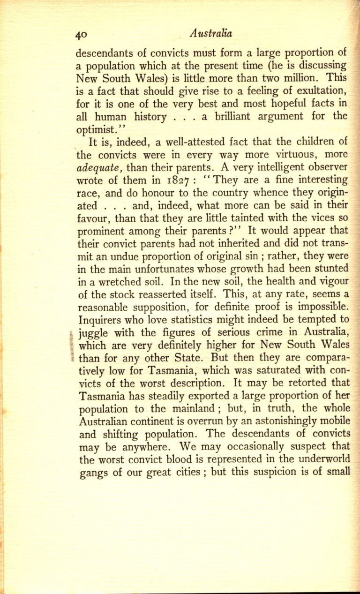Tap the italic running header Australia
pyautogui.click(x=211, y=33)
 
